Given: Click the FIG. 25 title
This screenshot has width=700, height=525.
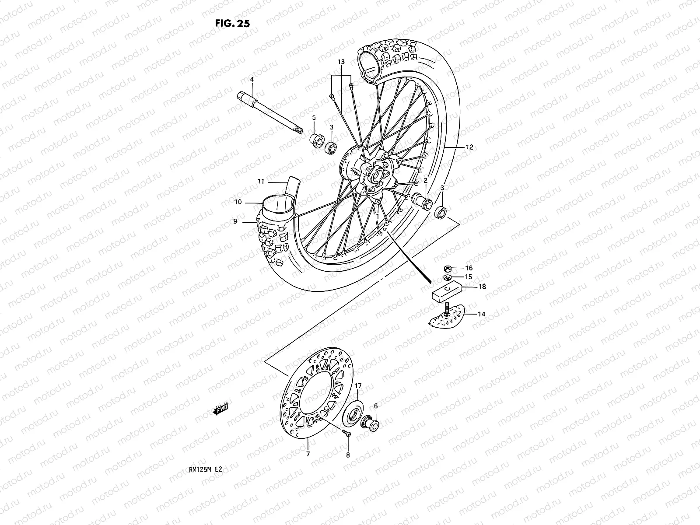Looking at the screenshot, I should point(232,24).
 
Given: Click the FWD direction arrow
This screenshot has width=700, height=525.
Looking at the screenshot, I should point(220,409).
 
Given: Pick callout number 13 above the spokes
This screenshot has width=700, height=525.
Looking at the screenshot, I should point(341,62).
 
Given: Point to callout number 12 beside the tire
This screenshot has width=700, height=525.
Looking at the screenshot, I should point(469,147).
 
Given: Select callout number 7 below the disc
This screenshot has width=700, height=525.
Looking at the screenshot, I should point(308,455).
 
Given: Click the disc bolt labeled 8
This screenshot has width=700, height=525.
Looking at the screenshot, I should point(346,433).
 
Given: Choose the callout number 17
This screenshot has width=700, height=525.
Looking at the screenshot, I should point(358,386).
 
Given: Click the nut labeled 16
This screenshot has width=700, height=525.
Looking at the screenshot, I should point(448,268).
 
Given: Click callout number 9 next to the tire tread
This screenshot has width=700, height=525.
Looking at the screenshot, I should point(235,222).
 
